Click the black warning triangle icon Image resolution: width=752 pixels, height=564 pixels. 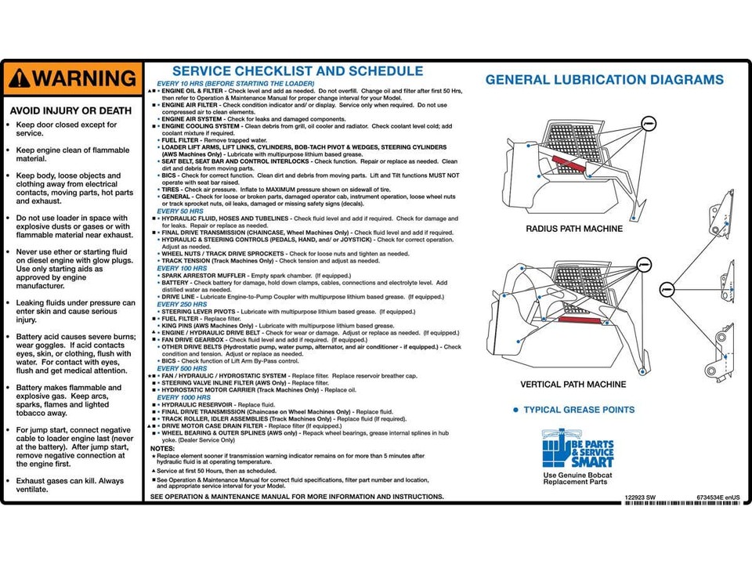[x=20, y=78]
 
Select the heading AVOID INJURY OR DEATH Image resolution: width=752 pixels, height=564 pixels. [x=70, y=110]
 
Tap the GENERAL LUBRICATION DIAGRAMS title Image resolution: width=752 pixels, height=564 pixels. [x=604, y=80]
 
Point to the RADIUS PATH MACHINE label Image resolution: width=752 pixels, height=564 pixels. [x=574, y=229]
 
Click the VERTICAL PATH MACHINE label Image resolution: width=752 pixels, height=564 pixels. [x=573, y=385]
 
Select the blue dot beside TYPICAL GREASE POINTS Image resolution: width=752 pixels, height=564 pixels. [x=515, y=410]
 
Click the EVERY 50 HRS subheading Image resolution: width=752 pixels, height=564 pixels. [x=180, y=211]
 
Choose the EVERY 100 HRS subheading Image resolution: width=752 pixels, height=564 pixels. [x=182, y=269]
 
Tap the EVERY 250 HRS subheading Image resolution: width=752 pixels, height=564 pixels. [x=182, y=305]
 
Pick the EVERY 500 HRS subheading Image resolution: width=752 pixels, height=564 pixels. [x=182, y=368]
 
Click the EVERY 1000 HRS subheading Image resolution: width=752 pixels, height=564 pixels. [x=184, y=397]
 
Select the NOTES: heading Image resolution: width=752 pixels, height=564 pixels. [x=163, y=448]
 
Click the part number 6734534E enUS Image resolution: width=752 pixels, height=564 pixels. [x=718, y=497]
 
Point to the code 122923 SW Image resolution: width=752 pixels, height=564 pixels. [x=641, y=497]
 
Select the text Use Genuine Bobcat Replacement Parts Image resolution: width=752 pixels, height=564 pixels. [x=578, y=478]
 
